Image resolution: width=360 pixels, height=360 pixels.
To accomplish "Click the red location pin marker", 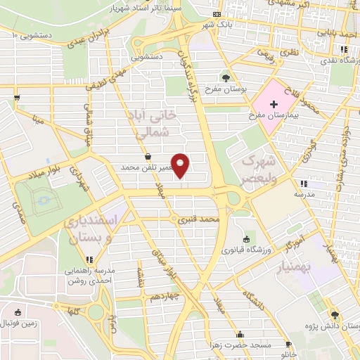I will [181, 165].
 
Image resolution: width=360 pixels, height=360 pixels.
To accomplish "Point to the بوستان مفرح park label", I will [224, 89].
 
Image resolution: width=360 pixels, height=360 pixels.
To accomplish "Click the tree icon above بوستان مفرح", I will [225, 78].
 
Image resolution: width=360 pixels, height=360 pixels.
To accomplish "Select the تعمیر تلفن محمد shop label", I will [147, 168].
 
